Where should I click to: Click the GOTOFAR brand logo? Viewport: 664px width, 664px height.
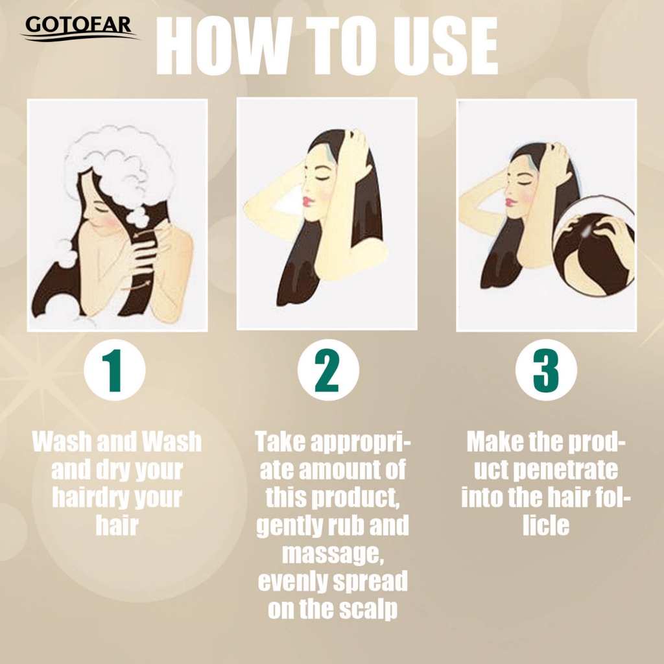(x=80, y=29)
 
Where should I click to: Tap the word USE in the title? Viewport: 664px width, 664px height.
(x=445, y=47)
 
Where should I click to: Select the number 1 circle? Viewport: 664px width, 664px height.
(x=115, y=370)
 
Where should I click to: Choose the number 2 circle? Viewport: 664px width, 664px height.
(x=328, y=370)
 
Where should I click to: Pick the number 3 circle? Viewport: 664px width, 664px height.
(x=546, y=370)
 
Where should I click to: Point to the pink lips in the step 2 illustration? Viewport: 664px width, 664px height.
(x=307, y=200)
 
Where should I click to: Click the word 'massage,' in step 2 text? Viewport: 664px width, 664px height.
(x=333, y=554)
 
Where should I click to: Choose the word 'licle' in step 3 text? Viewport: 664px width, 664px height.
(x=546, y=525)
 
